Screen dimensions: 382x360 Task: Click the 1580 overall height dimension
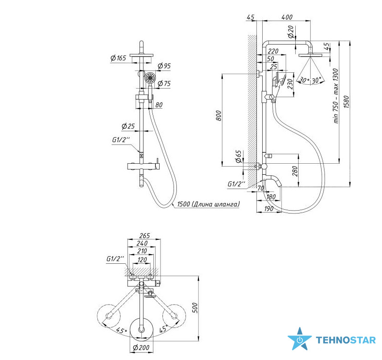point(347,102)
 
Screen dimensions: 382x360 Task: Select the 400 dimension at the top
point(287,17)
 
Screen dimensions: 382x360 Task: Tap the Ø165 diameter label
point(118,58)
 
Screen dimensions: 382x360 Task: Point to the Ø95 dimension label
point(164,66)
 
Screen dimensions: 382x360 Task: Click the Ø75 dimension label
point(164,83)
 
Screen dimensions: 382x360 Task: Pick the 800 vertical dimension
point(219,116)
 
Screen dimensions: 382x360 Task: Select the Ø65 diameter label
point(239,156)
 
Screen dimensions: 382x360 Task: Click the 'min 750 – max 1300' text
point(336,96)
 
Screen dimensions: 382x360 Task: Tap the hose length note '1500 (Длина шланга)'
point(208,204)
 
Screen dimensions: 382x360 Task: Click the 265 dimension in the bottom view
point(144,236)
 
